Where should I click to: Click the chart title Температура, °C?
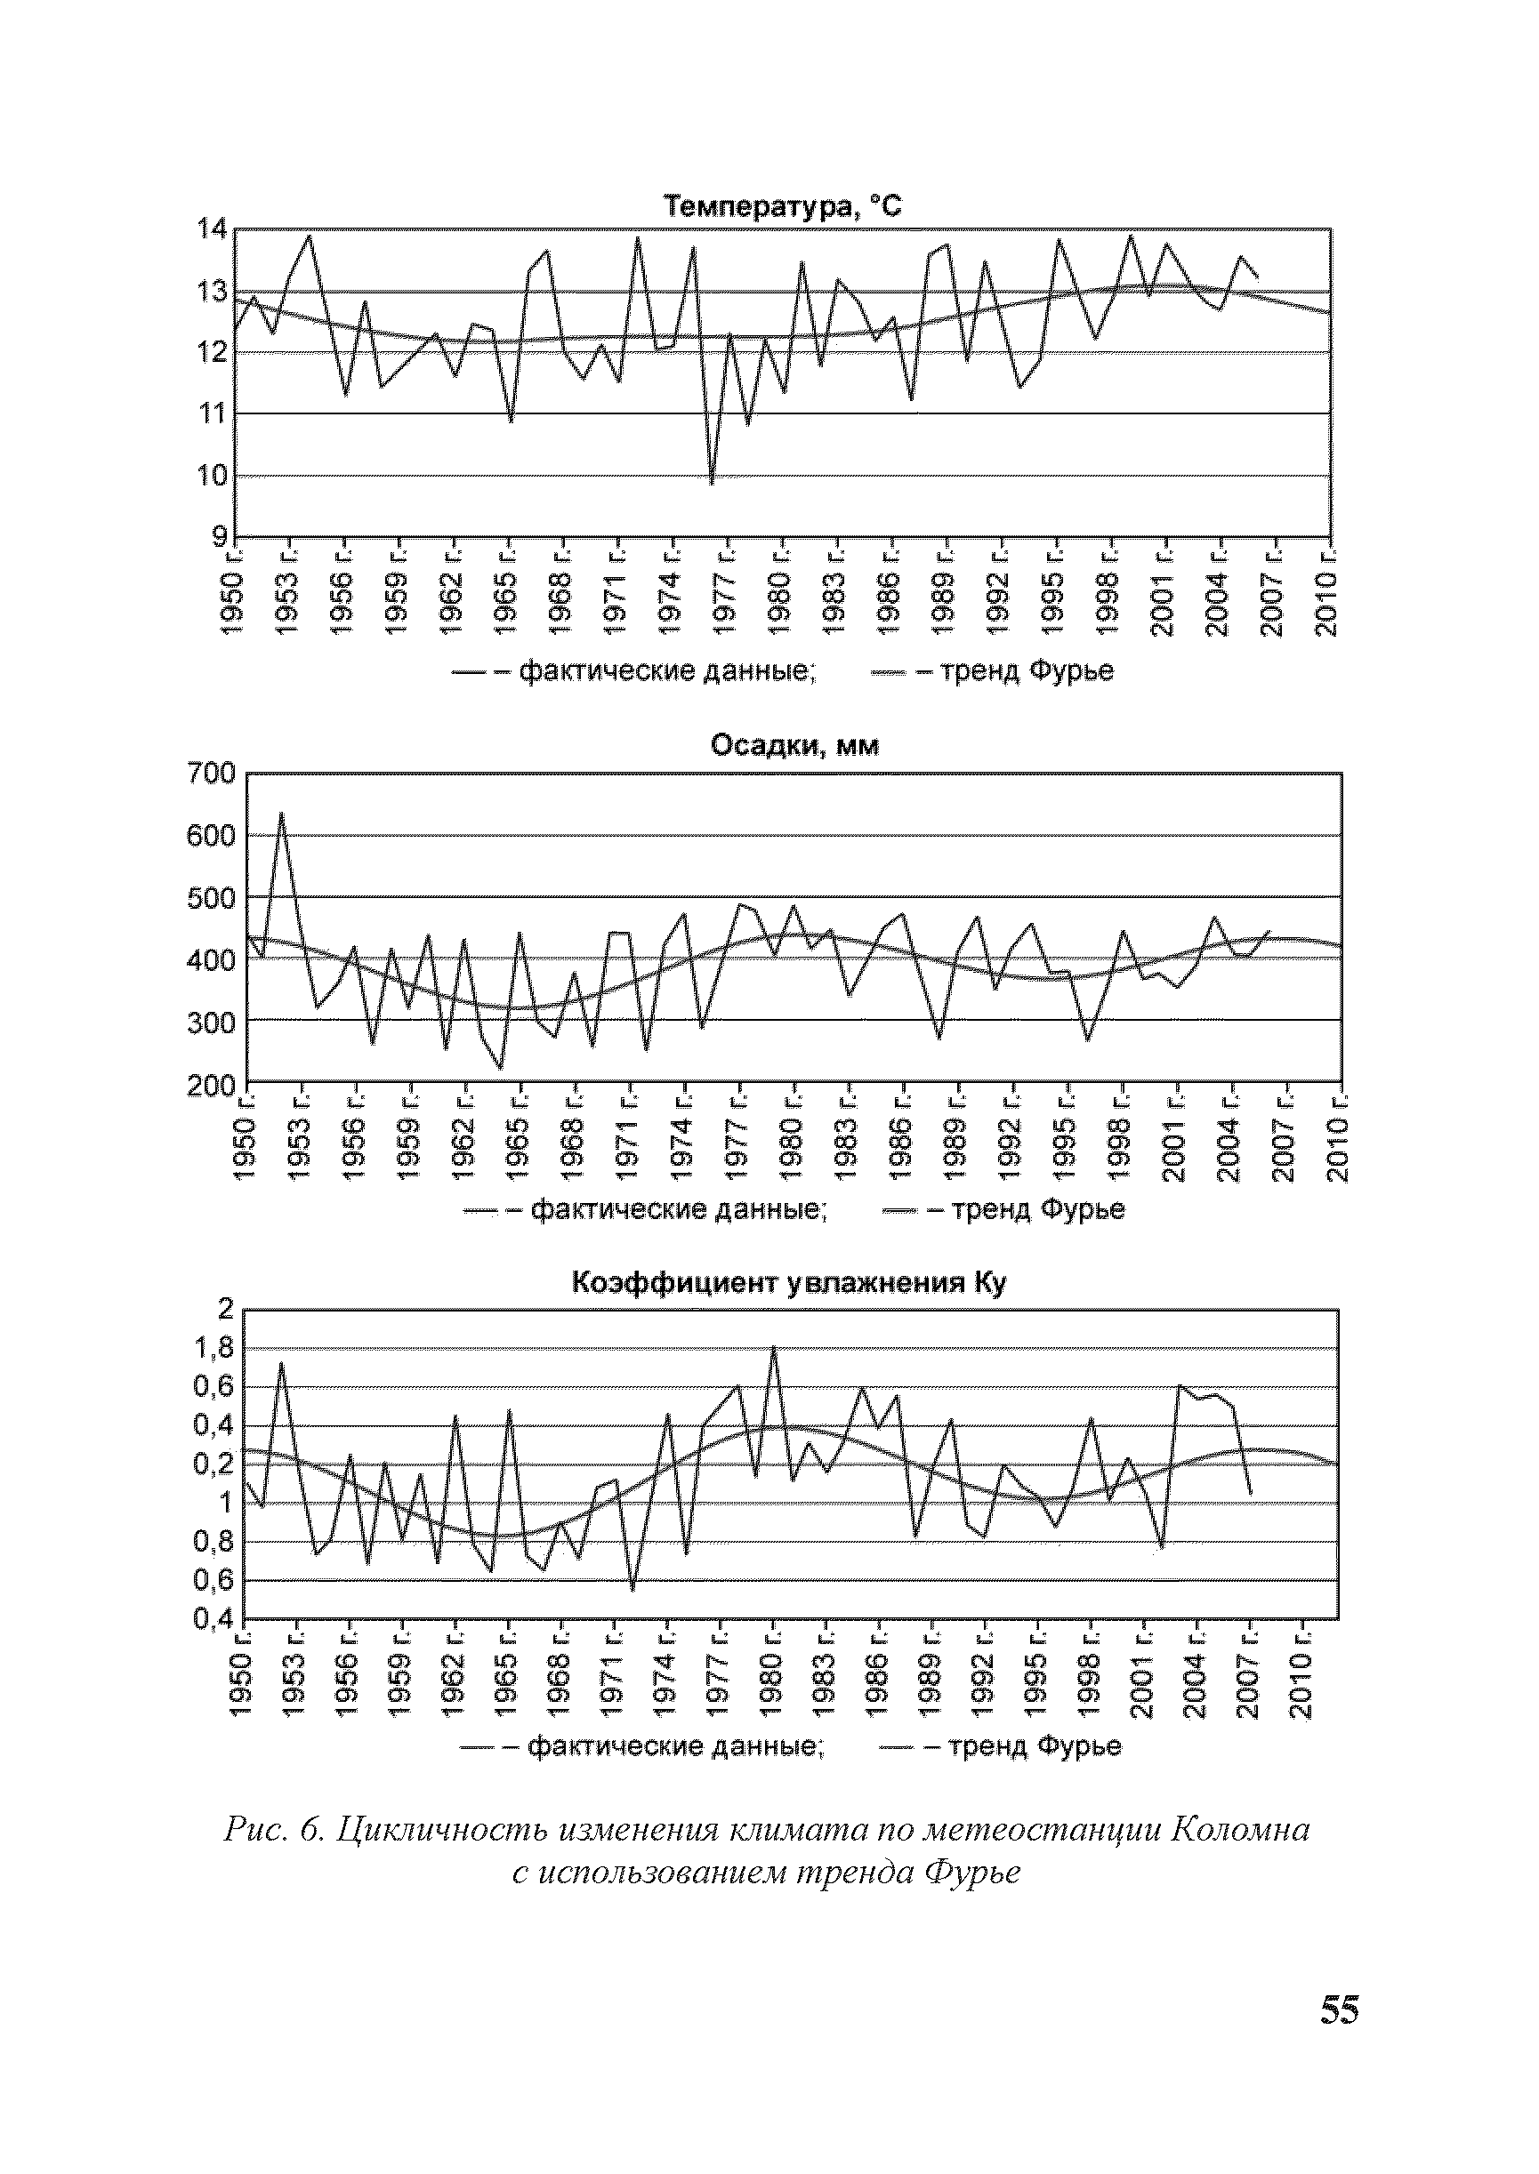pos(782,206)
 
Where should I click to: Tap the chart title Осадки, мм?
pos(794,747)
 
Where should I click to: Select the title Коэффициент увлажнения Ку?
pos(788,1284)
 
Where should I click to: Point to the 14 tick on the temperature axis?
pos(210,229)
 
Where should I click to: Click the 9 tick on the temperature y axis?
pos(218,537)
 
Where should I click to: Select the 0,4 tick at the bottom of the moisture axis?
pos(213,1621)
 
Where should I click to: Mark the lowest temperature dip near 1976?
pos(712,483)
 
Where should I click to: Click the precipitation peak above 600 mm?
pos(281,814)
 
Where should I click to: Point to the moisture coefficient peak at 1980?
pos(773,1348)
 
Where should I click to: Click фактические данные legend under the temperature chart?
pos(668,671)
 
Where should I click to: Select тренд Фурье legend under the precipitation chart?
pos(1039,1209)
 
